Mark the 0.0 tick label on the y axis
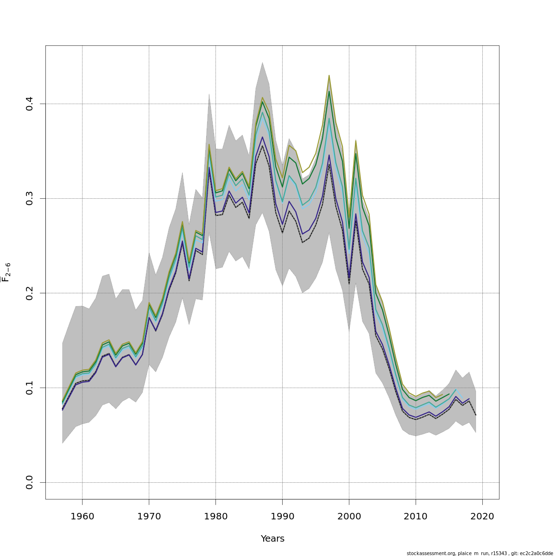(x=30, y=482)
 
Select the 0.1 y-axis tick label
(x=30, y=388)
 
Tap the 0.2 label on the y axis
(x=30, y=293)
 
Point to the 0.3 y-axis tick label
(x=30, y=198)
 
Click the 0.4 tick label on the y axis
(x=30, y=104)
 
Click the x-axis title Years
(x=272, y=539)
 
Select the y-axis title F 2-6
(x=6, y=272)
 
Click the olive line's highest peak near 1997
(x=329, y=75)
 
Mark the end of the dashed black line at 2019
(x=476, y=415)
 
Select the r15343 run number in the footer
(x=494, y=553)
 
